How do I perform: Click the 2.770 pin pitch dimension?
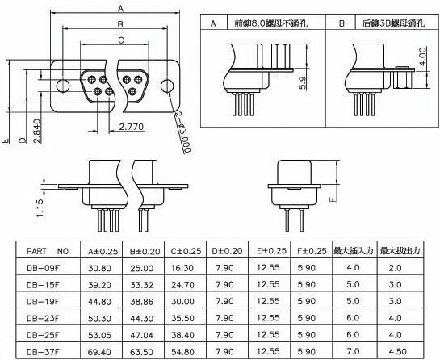point(132,127)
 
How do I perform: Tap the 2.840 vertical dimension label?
point(37,132)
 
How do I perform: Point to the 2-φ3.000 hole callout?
point(183,132)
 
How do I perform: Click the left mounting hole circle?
point(63,86)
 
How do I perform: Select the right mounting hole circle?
point(168,86)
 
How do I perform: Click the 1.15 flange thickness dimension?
point(40,208)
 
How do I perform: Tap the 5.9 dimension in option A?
point(303,83)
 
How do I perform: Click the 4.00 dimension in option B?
point(422,57)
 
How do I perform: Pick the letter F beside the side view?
point(333,199)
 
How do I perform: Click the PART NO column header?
point(48,251)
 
